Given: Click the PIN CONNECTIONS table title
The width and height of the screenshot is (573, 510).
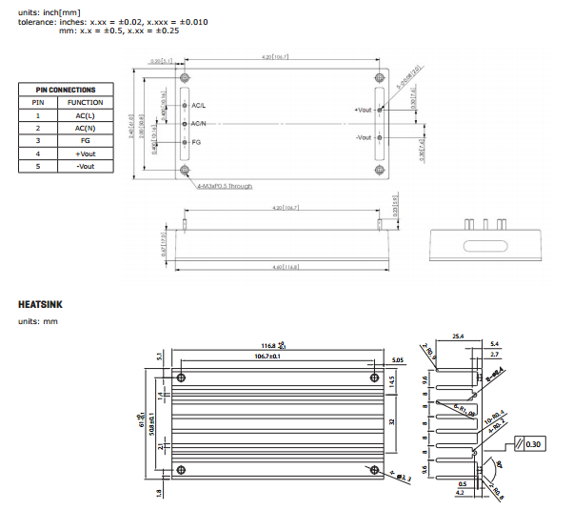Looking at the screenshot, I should [x=66, y=90].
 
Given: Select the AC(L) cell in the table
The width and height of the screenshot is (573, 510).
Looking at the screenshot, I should [x=86, y=114].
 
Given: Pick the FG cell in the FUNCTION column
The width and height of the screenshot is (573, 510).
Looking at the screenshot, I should [x=86, y=140].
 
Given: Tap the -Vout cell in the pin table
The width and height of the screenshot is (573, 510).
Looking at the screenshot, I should [x=86, y=166].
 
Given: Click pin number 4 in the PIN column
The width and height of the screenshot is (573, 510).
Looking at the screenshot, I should [x=37, y=153].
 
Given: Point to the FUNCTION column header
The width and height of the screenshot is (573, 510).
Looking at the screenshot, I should [x=86, y=102].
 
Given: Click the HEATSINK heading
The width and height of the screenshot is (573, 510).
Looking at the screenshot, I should [x=42, y=305].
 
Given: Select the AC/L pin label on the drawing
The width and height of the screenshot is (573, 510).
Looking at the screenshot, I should [x=199, y=105].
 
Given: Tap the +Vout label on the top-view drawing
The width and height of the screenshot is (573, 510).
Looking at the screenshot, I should [x=363, y=111].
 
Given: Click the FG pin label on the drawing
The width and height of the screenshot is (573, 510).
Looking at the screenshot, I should [x=196, y=142].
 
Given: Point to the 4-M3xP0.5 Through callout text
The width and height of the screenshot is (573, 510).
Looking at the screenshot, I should [x=225, y=186].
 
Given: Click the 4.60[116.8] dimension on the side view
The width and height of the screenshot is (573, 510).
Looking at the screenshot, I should [x=286, y=267].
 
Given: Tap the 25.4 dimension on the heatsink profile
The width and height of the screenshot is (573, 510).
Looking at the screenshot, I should [x=458, y=337].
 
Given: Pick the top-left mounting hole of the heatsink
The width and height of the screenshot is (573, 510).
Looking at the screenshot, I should [x=179, y=375].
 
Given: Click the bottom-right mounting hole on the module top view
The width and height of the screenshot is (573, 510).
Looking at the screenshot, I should [x=380, y=171].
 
